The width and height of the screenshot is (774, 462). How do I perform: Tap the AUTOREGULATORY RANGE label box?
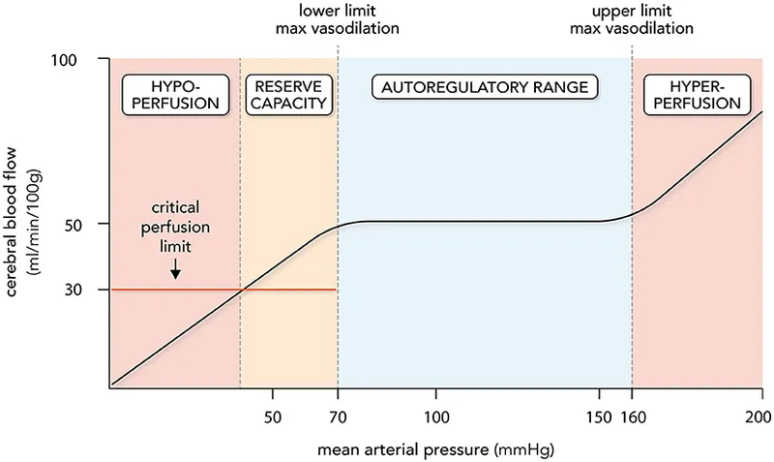click(x=485, y=87)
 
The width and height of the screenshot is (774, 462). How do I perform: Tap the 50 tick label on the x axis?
click(x=273, y=417)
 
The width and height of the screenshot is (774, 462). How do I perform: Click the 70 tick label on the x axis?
click(x=338, y=417)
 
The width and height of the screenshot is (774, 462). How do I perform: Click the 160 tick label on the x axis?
click(x=633, y=417)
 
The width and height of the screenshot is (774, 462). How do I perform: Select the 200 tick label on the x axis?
click(x=761, y=417)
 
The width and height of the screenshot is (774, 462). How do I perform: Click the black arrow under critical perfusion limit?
click(x=175, y=273)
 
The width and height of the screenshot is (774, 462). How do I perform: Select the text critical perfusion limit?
click(x=175, y=228)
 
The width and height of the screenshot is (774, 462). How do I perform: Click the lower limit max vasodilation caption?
click(x=338, y=19)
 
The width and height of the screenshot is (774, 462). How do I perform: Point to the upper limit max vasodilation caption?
click(x=632, y=19)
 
